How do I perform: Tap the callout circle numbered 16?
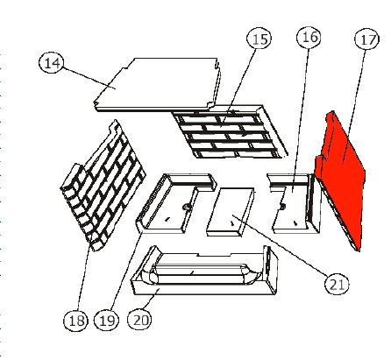coord(308,38)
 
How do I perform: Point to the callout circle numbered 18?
coord(76,321)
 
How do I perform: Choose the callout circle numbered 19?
coord(107,321)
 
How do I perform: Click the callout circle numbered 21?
coord(336,282)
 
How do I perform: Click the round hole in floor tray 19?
coord(186,207)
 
